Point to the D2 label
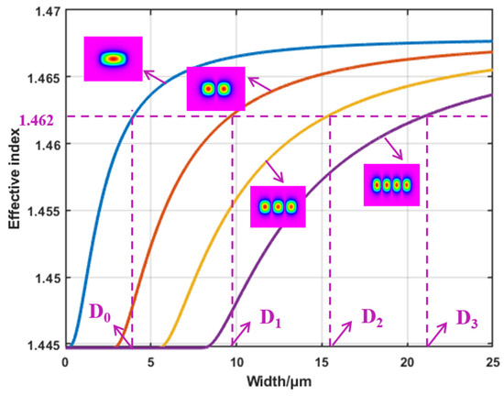[x=371, y=318]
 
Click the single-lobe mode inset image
[x=114, y=59]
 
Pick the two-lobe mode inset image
[x=215, y=89]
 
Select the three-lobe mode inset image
[x=278, y=206]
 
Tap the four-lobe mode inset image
[x=391, y=185]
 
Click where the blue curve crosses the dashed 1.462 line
[x=132, y=116]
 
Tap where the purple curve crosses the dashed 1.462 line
[x=427, y=116]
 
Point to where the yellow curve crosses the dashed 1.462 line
[x=330, y=116]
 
